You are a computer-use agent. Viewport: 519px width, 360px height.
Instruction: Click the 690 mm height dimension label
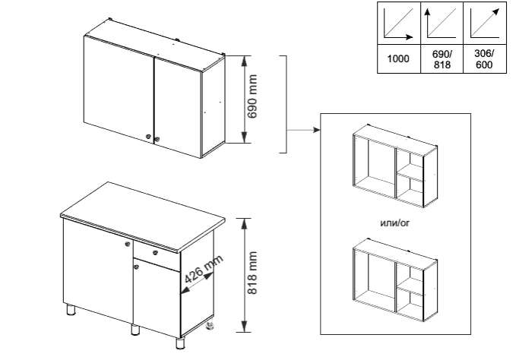click(x=252, y=96)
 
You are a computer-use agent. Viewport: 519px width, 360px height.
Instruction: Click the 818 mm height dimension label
click(x=252, y=273)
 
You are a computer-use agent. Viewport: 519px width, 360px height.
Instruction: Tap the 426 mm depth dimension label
click(x=203, y=269)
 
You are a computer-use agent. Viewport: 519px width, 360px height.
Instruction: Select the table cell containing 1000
click(x=398, y=59)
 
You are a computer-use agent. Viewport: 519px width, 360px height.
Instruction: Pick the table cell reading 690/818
click(x=442, y=59)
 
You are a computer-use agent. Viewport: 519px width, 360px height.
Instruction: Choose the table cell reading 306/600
click(x=484, y=59)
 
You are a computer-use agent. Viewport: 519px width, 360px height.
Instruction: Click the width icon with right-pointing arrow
click(x=398, y=23)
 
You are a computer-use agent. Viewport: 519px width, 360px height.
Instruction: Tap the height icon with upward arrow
click(x=441, y=23)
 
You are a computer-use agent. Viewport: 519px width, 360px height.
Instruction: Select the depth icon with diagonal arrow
click(x=484, y=23)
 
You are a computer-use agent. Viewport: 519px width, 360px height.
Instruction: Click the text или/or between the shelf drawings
click(x=395, y=223)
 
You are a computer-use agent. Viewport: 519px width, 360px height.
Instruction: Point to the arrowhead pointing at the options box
click(x=316, y=130)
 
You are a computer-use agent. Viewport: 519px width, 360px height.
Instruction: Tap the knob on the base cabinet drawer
click(x=155, y=253)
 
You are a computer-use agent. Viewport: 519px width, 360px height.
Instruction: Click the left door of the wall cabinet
click(x=119, y=90)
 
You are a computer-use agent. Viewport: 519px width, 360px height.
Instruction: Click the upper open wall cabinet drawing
click(x=395, y=166)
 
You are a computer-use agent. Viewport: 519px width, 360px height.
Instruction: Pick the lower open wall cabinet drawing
click(x=395, y=280)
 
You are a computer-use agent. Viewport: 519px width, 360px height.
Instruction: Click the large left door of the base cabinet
click(x=98, y=271)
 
